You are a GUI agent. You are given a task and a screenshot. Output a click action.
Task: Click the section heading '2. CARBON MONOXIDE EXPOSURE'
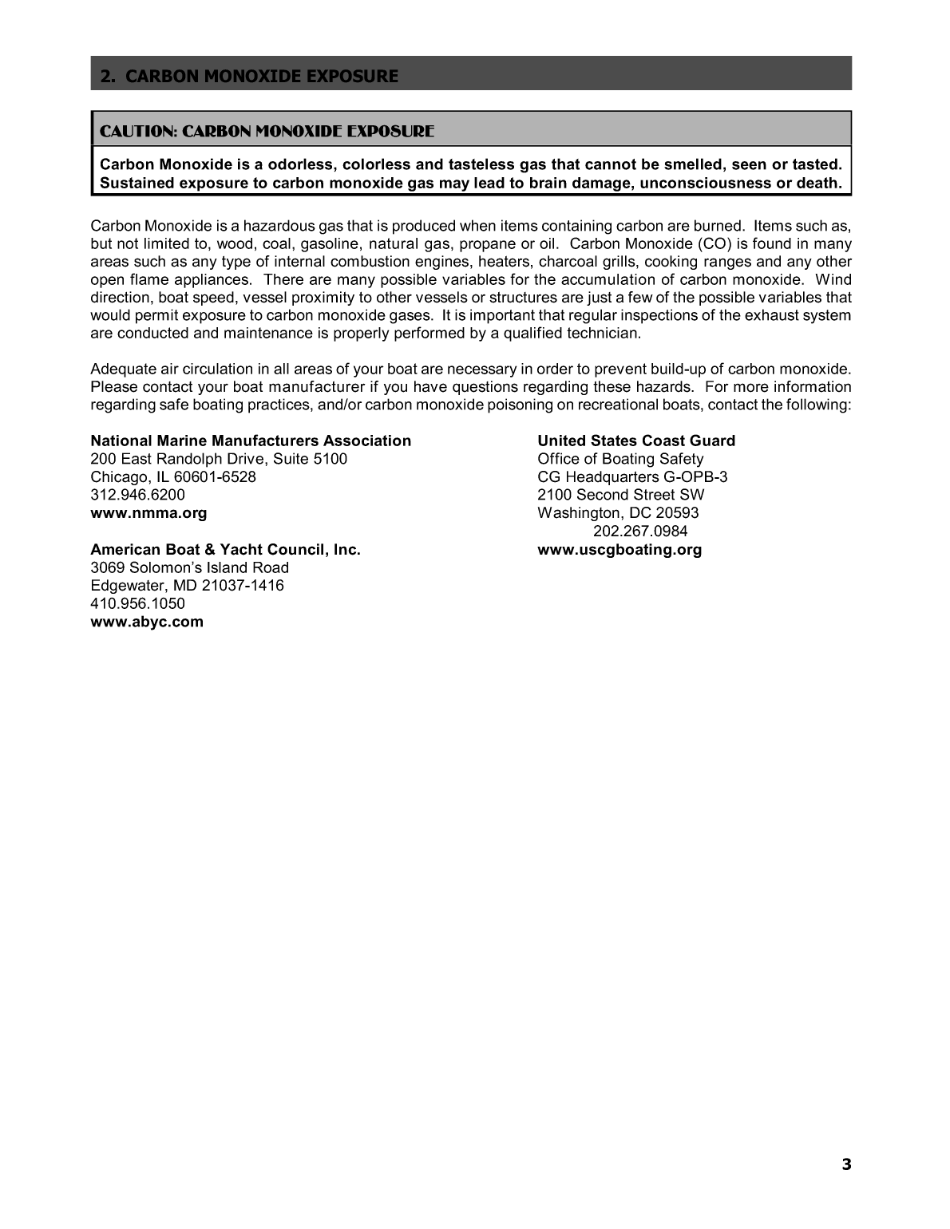tap(249, 77)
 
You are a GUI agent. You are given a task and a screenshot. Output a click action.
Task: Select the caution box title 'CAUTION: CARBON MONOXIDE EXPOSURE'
tap(267, 131)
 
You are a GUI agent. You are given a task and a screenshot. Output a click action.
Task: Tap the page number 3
tap(846, 1164)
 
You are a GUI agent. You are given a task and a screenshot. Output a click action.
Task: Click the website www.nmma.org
tap(148, 513)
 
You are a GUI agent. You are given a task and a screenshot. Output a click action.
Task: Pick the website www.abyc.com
tap(147, 622)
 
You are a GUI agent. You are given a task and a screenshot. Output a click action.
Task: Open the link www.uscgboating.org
tap(619, 550)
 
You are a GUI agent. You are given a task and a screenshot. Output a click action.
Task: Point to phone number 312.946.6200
tap(137, 495)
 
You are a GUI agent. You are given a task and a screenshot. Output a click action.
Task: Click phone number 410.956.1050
tap(137, 603)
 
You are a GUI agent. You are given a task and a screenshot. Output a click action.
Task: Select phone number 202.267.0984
tap(640, 532)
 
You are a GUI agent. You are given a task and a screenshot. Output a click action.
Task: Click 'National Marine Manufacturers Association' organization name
tap(251, 441)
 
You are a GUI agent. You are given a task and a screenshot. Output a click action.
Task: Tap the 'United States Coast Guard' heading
tap(636, 441)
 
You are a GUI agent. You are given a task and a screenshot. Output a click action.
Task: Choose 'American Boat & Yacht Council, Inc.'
tap(225, 550)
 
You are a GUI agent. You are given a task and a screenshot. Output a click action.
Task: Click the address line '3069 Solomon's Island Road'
tap(189, 567)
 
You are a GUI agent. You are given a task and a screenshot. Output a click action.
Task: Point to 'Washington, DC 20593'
tap(618, 513)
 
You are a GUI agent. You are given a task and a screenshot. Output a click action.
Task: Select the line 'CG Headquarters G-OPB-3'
tap(632, 477)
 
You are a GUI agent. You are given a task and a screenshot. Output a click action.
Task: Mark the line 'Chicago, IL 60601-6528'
tap(173, 477)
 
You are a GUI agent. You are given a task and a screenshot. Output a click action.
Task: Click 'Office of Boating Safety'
tap(620, 459)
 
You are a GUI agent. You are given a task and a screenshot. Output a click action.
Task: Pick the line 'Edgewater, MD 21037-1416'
tap(187, 586)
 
